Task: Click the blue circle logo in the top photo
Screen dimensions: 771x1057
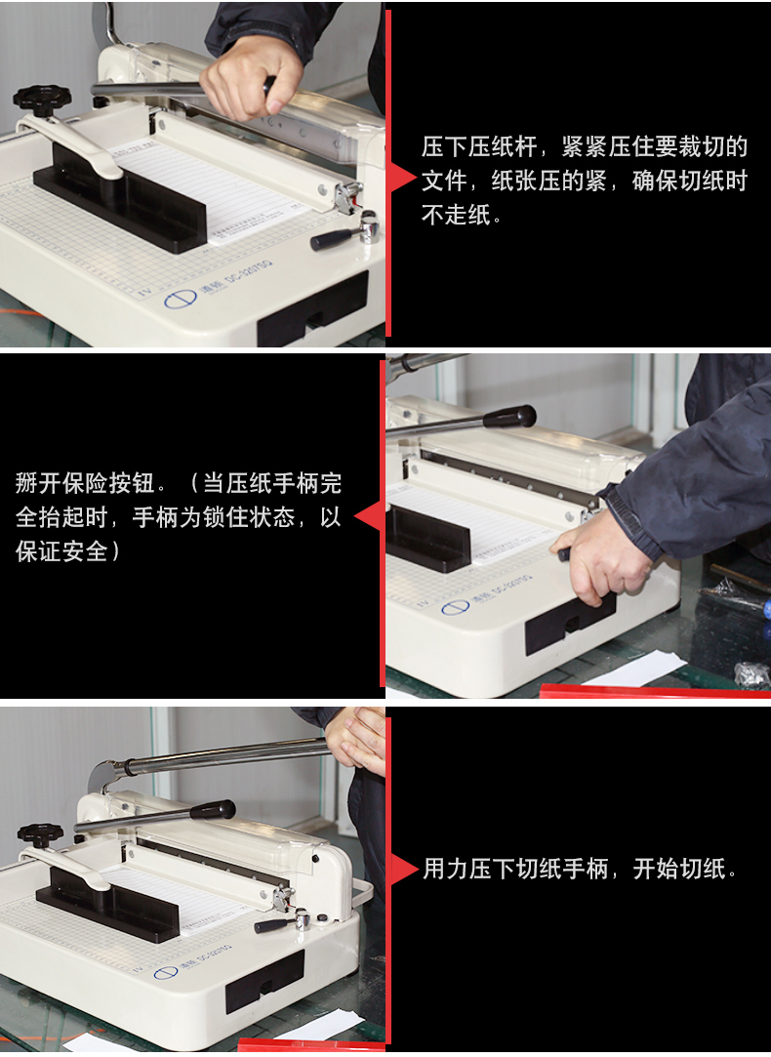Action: pyautogui.click(x=180, y=299)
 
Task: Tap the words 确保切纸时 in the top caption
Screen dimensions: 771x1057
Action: pyautogui.click(x=689, y=181)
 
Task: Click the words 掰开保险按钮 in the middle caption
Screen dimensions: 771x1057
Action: pyautogui.click(x=85, y=483)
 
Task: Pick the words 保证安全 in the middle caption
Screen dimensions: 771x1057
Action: pyautogui.click(x=61, y=551)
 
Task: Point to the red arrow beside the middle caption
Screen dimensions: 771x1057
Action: pyautogui.click(x=369, y=517)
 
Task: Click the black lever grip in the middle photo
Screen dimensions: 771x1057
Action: pyautogui.click(x=509, y=416)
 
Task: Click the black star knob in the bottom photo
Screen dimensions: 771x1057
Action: pyautogui.click(x=40, y=835)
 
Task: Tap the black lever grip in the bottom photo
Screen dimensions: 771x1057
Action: pyautogui.click(x=213, y=810)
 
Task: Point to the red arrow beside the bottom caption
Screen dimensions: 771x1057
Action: pyautogui.click(x=404, y=869)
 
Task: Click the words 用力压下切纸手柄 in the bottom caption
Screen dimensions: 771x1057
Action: pyautogui.click(x=515, y=869)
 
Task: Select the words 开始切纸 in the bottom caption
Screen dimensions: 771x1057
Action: pyautogui.click(x=678, y=869)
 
